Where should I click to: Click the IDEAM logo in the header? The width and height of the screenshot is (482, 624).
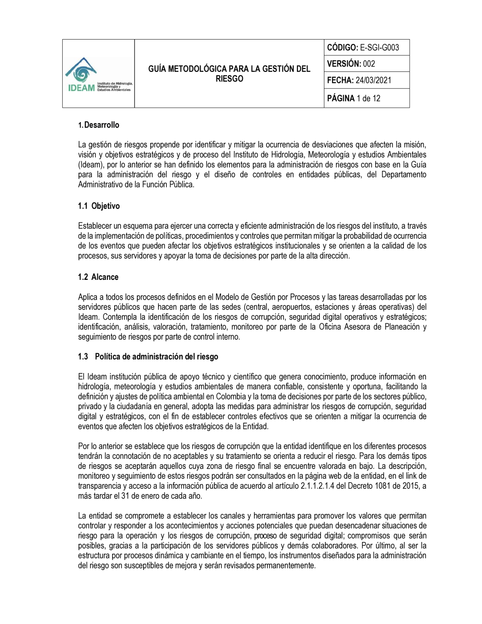click(x=98, y=75)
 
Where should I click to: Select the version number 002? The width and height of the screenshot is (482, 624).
click(x=369, y=64)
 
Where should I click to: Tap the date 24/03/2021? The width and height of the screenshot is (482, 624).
click(x=374, y=80)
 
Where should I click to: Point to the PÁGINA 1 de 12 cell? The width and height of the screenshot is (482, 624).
click(x=354, y=98)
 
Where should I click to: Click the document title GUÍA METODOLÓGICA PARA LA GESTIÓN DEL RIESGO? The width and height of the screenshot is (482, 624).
click(x=229, y=74)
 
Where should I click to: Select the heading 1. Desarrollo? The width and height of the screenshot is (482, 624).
click(x=99, y=125)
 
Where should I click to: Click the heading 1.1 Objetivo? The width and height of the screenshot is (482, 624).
click(x=99, y=206)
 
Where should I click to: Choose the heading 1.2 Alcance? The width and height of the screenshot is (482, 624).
click(x=98, y=277)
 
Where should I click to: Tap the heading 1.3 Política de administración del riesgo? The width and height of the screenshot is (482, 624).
click(x=148, y=357)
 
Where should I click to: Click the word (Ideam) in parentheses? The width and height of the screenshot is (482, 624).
click(x=90, y=165)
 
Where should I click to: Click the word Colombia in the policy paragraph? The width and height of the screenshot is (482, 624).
click(x=231, y=397)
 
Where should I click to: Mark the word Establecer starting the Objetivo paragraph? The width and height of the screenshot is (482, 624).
click(x=95, y=226)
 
